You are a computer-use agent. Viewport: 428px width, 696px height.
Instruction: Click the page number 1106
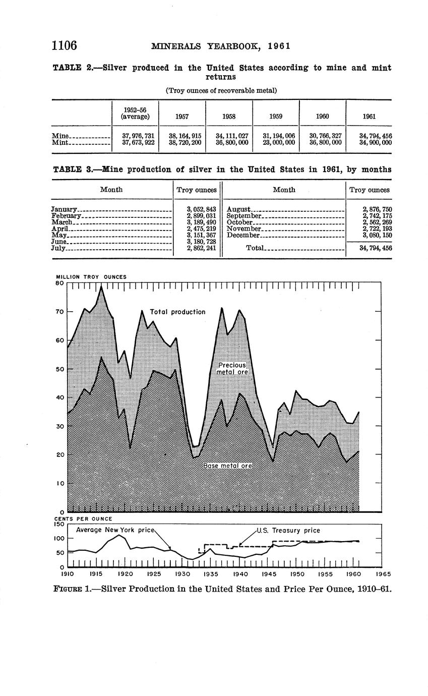[64, 46]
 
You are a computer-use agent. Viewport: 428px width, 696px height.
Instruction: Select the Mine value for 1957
[182, 136]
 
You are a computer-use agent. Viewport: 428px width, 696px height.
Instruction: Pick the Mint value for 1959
[275, 143]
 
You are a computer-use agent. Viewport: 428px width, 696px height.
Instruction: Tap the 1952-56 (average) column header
[135, 113]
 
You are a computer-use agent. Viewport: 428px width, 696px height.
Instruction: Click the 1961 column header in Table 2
[369, 117]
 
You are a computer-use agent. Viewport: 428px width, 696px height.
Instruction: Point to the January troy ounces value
[201, 209]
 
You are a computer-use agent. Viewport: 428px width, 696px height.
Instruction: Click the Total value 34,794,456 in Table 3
[373, 248]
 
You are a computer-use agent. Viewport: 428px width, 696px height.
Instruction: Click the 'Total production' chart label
[177, 312]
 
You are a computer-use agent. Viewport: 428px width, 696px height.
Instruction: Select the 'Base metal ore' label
[227, 466]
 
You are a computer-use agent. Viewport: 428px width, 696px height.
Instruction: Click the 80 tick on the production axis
[59, 283]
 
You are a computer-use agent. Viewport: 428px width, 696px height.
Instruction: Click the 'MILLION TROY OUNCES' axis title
[91, 277]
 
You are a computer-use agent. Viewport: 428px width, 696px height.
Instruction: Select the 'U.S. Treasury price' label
[288, 531]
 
